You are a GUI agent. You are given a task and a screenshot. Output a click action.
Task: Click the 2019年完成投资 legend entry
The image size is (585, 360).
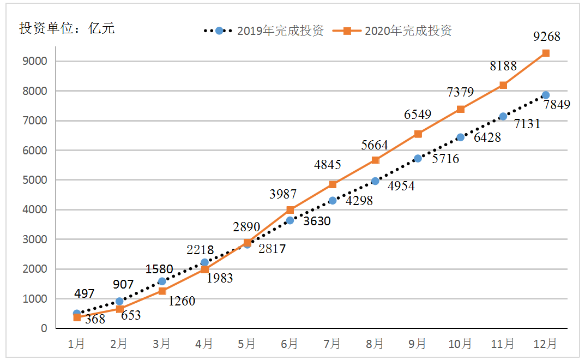pos(264,31)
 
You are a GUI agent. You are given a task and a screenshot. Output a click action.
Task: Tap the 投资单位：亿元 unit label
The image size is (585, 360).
pos(67,29)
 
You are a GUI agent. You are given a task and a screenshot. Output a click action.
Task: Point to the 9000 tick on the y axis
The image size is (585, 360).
pos(37,61)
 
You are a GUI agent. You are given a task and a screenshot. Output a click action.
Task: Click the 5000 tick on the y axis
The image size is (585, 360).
pos(37,180)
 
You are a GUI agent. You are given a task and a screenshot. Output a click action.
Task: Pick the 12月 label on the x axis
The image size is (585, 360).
pos(545,344)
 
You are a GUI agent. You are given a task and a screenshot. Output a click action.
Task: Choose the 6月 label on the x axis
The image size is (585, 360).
pos(290,344)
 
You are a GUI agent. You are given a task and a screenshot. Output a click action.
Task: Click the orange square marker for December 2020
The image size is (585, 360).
pos(545,53)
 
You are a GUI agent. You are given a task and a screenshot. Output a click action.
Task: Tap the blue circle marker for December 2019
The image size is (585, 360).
pos(545,95)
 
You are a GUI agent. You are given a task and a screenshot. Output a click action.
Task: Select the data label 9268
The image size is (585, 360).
pos(546,37)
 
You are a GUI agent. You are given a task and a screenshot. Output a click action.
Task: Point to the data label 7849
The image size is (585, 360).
pos(556,104)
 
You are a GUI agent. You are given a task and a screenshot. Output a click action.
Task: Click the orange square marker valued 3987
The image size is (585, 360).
pos(290,210)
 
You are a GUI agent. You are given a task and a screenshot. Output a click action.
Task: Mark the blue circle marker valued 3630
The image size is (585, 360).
pos(290,220)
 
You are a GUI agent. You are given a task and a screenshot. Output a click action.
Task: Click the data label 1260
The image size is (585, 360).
pos(181,301)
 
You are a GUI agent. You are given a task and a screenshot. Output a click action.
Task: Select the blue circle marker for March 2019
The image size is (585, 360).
pos(162,281)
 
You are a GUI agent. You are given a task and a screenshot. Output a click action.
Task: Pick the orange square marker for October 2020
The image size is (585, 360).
pos(461,109)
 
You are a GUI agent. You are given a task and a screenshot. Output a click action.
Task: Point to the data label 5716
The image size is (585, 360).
pos(445,159)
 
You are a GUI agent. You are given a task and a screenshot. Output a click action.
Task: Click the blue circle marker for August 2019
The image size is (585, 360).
pos(375,181)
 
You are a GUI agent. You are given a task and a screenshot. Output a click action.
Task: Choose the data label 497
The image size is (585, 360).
pos(84,294)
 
